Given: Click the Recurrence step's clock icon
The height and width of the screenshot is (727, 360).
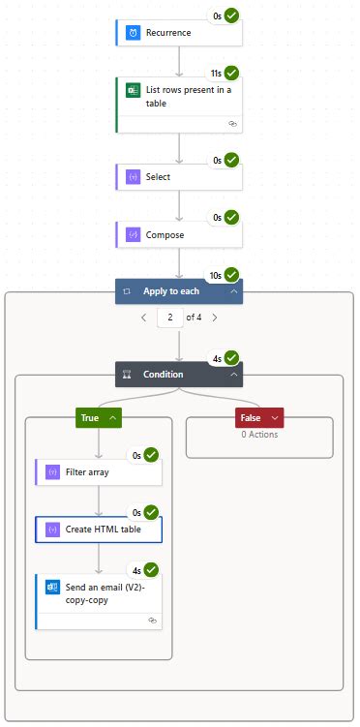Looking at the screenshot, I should pyautogui.click(x=133, y=32).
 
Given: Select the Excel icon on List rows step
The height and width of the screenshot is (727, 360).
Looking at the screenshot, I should pyautogui.click(x=133, y=90).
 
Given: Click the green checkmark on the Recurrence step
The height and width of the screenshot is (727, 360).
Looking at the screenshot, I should pyautogui.click(x=231, y=15).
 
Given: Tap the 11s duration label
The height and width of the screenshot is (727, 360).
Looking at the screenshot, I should pyautogui.click(x=216, y=74).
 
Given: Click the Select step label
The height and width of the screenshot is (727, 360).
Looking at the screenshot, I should pyautogui.click(x=158, y=177).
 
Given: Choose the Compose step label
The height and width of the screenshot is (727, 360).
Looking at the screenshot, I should pyautogui.click(x=165, y=234).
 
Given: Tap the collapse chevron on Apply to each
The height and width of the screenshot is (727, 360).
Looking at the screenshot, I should pyautogui.click(x=233, y=290).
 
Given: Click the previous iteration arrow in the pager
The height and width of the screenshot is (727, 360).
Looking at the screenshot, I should pyautogui.click(x=144, y=317).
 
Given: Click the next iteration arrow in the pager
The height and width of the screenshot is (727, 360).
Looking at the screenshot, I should pyautogui.click(x=214, y=317).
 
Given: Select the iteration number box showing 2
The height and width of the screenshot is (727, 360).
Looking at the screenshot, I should pyautogui.click(x=169, y=317).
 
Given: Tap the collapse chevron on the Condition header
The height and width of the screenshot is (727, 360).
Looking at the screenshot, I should pyautogui.click(x=233, y=375).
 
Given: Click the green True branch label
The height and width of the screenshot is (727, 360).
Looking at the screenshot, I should pyautogui.click(x=90, y=418).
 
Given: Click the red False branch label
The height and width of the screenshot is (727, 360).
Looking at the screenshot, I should pyautogui.click(x=250, y=418).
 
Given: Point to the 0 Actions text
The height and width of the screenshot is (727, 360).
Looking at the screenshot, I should pyautogui.click(x=259, y=435).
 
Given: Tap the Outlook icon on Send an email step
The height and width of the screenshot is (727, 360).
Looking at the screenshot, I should pyautogui.click(x=52, y=588).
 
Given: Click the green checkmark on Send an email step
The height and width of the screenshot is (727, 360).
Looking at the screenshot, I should pyautogui.click(x=151, y=570).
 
